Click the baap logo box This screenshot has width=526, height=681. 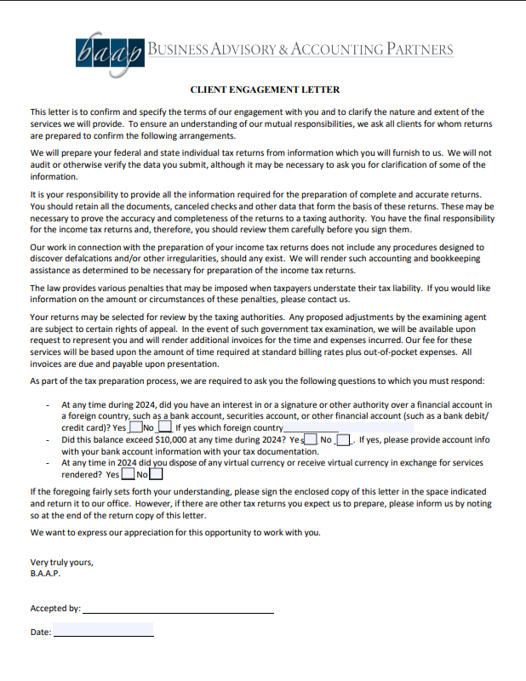point(109,54)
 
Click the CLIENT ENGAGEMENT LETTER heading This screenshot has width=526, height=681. point(265,89)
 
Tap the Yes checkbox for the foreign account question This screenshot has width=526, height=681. point(135,426)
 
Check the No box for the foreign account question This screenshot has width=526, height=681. point(164,426)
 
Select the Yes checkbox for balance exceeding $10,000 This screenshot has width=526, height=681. point(311,439)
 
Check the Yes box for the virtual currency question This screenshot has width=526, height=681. point(128,474)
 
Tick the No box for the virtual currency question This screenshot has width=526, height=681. point(157,474)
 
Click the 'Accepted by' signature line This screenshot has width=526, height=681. point(178,609)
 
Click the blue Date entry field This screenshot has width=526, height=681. point(103,630)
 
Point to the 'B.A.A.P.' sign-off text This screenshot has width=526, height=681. point(46,574)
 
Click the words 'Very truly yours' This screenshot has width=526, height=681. point(61,563)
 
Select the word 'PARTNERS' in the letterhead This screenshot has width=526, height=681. point(420,49)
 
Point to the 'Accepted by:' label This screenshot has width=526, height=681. point(55,609)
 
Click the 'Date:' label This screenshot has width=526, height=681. point(41,632)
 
